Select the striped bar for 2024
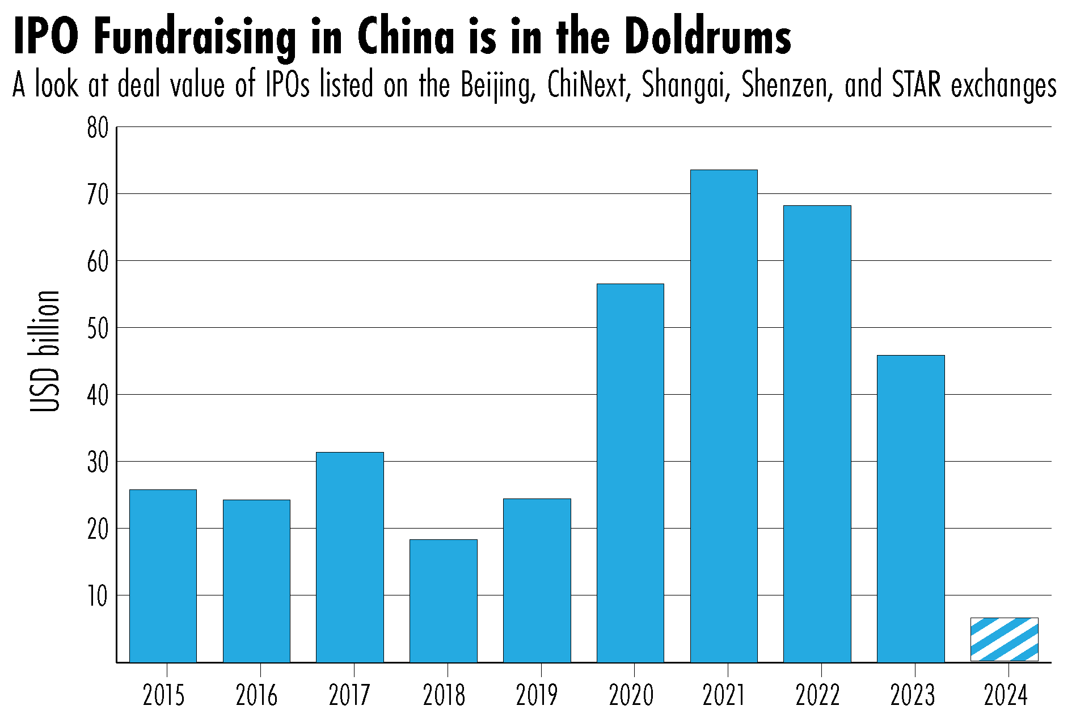point(1004,639)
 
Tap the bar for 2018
point(444,601)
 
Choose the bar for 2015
point(163,576)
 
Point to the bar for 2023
point(910,508)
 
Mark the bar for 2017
point(350,557)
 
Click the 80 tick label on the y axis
point(98,128)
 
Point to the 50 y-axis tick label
point(98,329)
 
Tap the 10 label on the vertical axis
point(98,597)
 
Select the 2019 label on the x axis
point(537,695)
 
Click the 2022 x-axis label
point(817,695)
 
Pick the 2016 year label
point(257,695)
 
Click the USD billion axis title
point(45,352)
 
